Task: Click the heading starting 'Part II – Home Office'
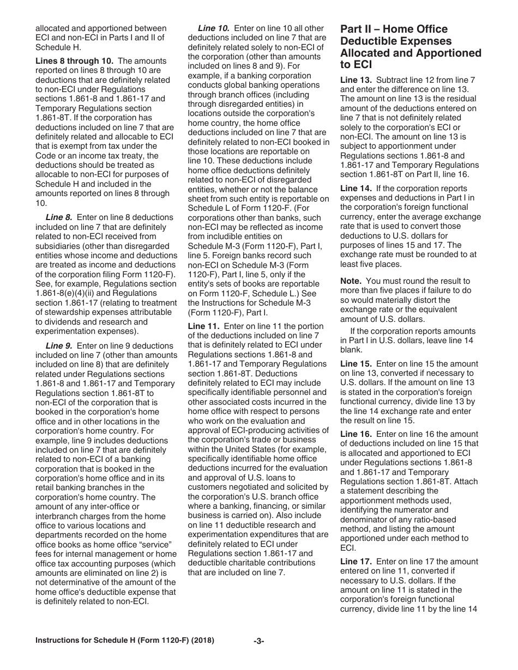point(411,47)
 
